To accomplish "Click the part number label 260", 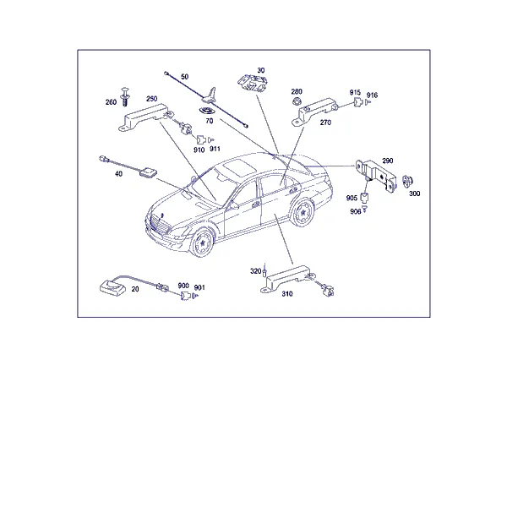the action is (x=111, y=102).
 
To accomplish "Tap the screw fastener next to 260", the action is (x=124, y=96).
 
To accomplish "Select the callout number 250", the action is (x=151, y=99).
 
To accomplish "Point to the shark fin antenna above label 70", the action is (x=210, y=95).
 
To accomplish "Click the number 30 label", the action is (x=261, y=70).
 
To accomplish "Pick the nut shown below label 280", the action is (x=295, y=102).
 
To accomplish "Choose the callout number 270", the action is (x=325, y=123).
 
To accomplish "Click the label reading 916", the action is (x=372, y=95).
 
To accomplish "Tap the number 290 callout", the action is (x=388, y=161).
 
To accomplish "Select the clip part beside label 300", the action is (x=407, y=182).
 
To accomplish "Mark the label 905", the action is (x=352, y=198).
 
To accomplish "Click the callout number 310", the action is (x=287, y=293).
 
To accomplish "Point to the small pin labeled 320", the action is (x=264, y=270).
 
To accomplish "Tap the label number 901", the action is (x=199, y=287).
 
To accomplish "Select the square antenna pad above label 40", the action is (x=148, y=172).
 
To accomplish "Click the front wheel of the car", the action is (x=202, y=242).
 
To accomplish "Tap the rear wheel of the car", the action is (x=303, y=212).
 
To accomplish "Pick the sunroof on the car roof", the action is (x=239, y=166).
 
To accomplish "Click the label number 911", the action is (x=215, y=149).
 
